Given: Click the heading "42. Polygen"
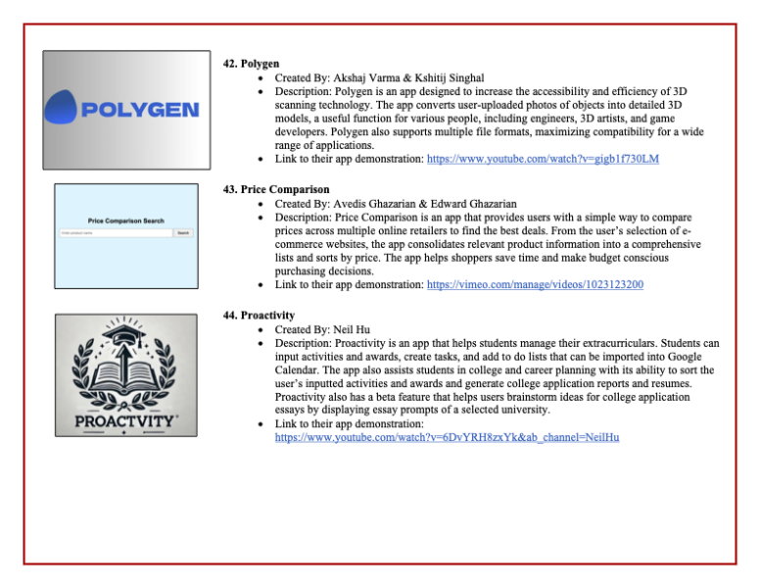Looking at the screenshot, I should click(x=253, y=63).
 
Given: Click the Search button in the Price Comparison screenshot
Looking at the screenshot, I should click(x=183, y=233).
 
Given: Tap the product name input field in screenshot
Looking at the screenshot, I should click(x=116, y=233).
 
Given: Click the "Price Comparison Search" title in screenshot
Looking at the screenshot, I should click(x=125, y=221).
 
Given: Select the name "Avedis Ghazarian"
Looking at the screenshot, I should click(x=380, y=201).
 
